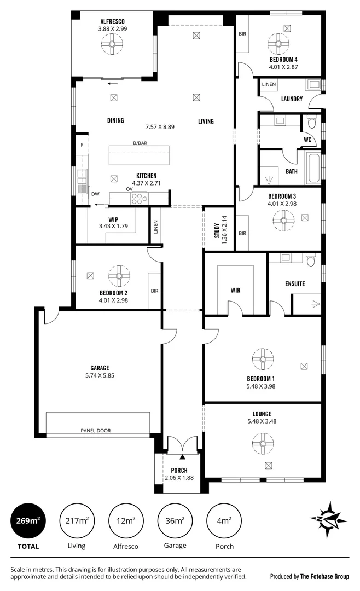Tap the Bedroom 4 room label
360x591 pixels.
(x=283, y=60)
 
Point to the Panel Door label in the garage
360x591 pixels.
(x=95, y=431)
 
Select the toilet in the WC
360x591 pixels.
(x=312, y=124)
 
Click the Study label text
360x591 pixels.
(x=217, y=231)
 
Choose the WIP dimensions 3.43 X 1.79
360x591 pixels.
(x=113, y=226)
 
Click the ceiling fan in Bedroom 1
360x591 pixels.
(x=262, y=359)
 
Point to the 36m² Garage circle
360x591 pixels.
(x=175, y=520)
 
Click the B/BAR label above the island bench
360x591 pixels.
(x=141, y=143)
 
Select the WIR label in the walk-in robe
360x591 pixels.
(x=236, y=290)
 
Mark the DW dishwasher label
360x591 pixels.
(x=95, y=194)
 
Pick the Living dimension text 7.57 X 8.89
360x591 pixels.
(x=160, y=127)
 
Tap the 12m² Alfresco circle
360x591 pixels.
(x=127, y=520)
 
